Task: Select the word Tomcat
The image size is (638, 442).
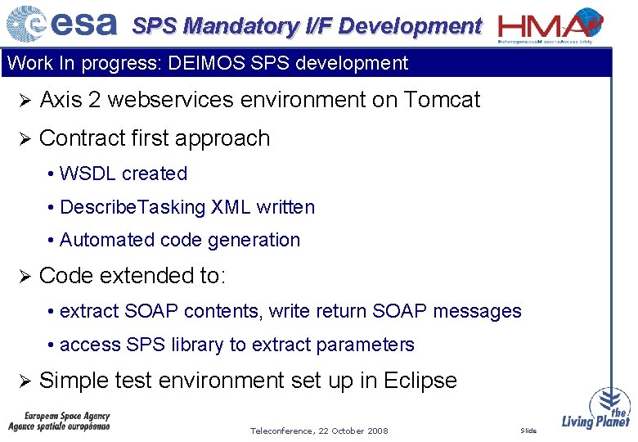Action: (443, 100)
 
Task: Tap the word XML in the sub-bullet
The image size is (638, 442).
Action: (231, 207)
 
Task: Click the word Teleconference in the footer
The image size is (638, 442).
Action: (280, 431)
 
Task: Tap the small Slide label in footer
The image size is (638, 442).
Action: (528, 431)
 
